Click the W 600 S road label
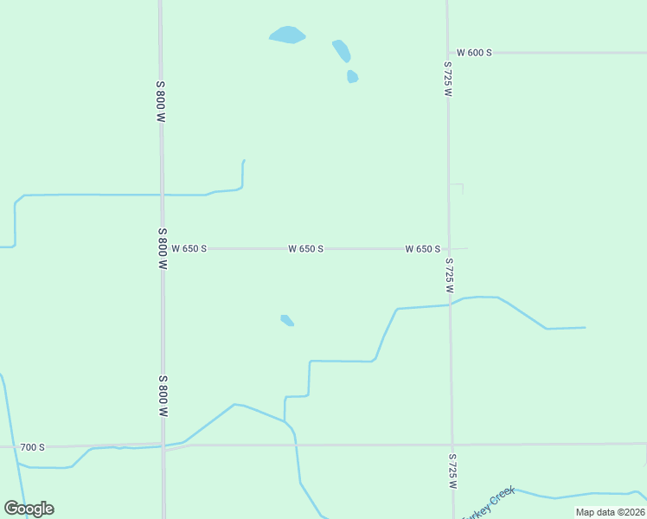pos(474,53)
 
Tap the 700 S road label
pos(32,447)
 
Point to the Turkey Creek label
pos(490,503)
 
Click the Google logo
pos(29,509)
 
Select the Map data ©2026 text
pos(610,512)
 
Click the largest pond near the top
pos(287,35)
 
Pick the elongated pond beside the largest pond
pos(342,50)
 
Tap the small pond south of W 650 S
pos(287,321)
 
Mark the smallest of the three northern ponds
pos(352,76)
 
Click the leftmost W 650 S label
pos(189,248)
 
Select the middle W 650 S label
pos(306,248)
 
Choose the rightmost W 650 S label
pos(423,248)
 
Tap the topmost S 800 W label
pos(161,101)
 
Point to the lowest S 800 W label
pos(163,396)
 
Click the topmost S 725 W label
pos(447,79)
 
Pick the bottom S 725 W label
pos(452,471)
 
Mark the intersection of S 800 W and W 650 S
pos(162,248)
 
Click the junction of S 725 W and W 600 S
pos(447,53)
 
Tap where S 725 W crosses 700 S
pos(452,445)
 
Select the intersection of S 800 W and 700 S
pos(163,446)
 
